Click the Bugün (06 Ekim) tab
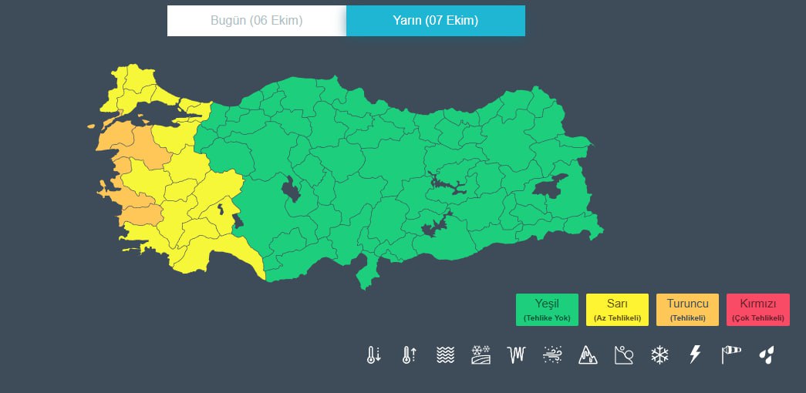(x=256, y=21)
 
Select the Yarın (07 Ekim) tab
(x=435, y=21)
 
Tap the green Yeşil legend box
(x=547, y=310)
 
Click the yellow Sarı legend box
(x=617, y=310)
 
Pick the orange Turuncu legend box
(x=687, y=310)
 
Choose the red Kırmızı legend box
(x=757, y=310)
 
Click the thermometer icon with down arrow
(x=373, y=355)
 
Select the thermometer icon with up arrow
(x=409, y=355)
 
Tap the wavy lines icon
(x=445, y=355)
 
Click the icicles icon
(x=516, y=355)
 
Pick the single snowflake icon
(x=659, y=355)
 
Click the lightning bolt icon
(x=695, y=355)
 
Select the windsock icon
(x=730, y=355)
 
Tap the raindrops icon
(x=766, y=355)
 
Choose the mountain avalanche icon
(x=588, y=355)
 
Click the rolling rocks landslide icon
(x=623, y=355)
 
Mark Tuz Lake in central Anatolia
(x=292, y=188)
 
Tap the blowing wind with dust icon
(x=552, y=355)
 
